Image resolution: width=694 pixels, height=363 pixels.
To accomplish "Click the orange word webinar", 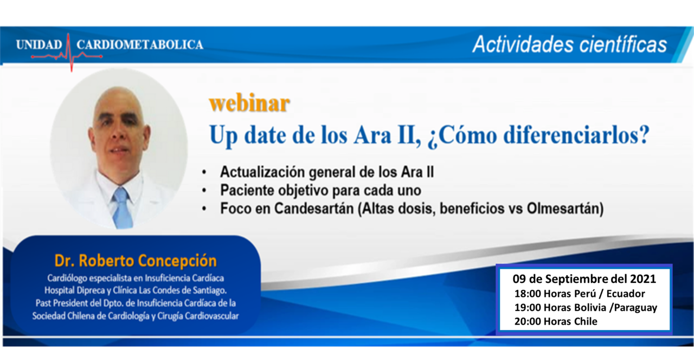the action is (249, 103).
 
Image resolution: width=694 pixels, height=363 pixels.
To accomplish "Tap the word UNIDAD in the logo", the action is (40, 45).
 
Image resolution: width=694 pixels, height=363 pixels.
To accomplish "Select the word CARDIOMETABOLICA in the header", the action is (140, 45).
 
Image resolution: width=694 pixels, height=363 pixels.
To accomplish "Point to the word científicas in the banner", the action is (623, 44).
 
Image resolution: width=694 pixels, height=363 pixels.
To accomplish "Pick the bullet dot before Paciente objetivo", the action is (204, 191).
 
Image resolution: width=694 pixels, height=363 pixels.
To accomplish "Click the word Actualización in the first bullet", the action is (262, 172).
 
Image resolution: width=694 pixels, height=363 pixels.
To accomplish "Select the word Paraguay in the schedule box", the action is (635, 308).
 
